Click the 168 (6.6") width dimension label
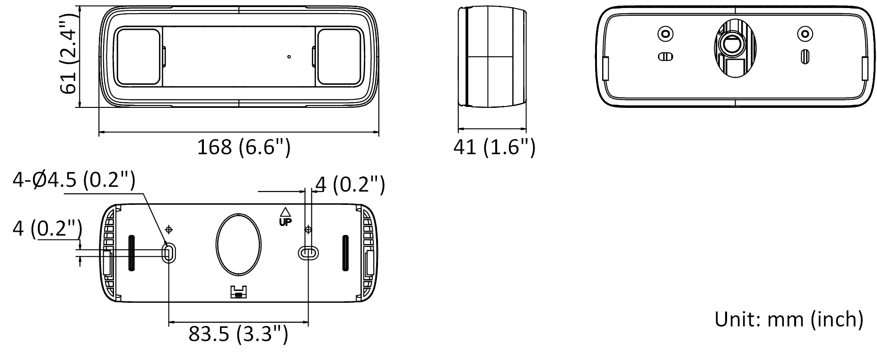tap(243, 148)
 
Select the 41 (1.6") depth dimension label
tap(494, 148)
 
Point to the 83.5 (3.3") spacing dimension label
tap(238, 334)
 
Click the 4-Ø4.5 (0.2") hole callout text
tap(74, 181)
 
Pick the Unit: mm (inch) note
tap(789, 319)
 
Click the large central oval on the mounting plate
tap(238, 244)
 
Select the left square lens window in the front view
tap(138, 57)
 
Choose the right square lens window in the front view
tap(338, 57)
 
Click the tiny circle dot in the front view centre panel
tap(289, 57)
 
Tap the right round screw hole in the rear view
tap(805, 34)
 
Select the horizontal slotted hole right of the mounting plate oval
tap(308, 253)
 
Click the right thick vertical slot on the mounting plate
tap(345, 253)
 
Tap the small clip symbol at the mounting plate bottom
tap(238, 292)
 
